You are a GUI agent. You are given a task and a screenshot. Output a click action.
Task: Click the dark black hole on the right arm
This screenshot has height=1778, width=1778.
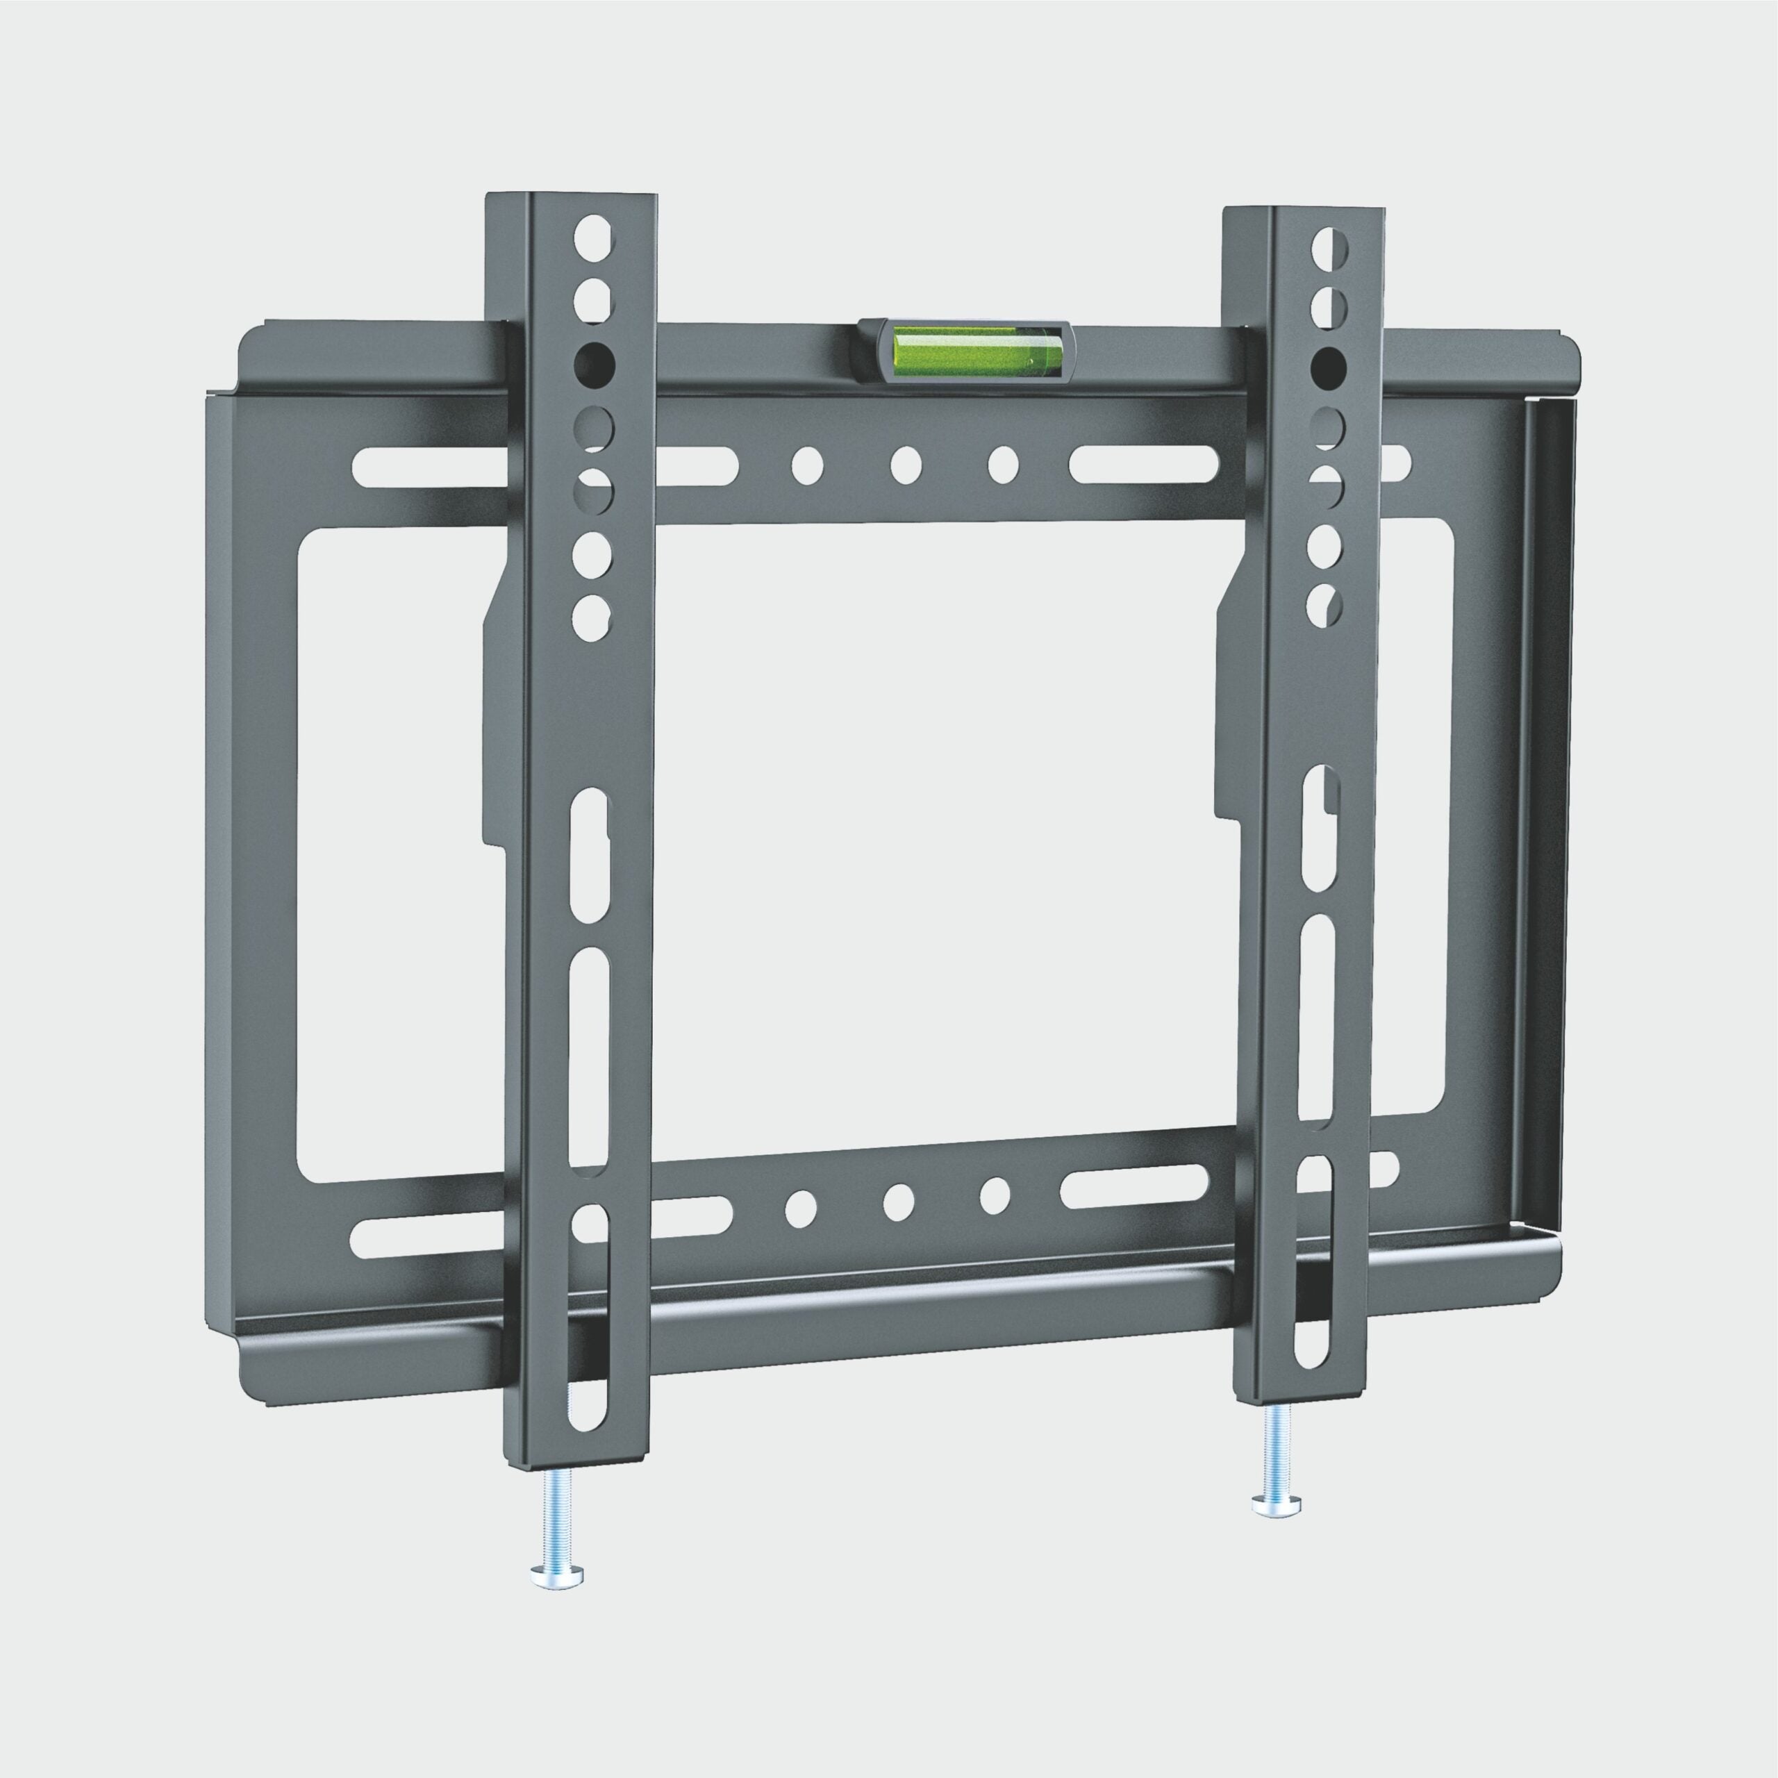coord(1327,368)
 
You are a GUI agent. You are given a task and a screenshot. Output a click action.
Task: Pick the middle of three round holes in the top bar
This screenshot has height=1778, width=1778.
coord(906,465)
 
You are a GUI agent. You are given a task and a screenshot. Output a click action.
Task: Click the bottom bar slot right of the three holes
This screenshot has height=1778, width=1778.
coord(1133,1187)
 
